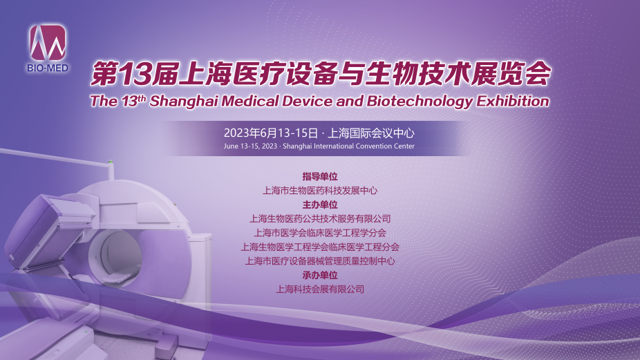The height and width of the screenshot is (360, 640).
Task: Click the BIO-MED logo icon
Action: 48,42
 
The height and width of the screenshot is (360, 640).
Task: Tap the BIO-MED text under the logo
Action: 48,68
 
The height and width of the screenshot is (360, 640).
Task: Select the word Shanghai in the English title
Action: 183,101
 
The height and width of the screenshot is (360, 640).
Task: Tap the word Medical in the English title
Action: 250,101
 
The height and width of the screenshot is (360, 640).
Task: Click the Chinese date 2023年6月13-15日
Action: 271,133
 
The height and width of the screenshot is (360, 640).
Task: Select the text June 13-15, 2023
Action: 250,146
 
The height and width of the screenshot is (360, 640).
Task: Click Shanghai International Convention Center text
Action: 348,146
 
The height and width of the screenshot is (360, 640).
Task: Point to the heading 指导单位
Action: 320,176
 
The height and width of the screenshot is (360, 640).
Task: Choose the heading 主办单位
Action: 320,205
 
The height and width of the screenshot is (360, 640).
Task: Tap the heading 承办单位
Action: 320,275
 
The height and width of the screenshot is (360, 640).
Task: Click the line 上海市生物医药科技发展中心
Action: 320,191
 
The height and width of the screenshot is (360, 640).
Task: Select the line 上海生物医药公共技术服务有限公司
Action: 320,219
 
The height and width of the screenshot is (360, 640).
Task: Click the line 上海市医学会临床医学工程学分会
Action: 320,233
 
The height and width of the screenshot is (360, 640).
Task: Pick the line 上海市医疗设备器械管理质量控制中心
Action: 320,260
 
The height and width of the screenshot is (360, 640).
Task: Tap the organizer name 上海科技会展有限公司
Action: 320,290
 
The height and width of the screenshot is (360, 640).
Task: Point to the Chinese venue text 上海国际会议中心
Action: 371,133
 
